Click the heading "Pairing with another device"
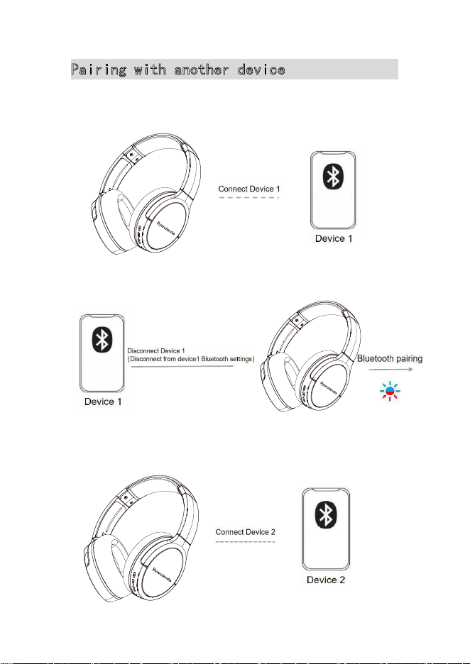(x=178, y=70)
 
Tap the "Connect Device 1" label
(x=249, y=189)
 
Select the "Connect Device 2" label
(x=246, y=532)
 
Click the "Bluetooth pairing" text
(x=390, y=359)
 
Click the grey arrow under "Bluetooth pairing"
(x=390, y=370)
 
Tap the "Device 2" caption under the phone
(x=325, y=580)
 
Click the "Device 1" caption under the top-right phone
(x=334, y=238)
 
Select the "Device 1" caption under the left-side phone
(x=103, y=402)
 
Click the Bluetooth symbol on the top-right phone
(x=333, y=176)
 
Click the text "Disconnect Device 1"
(x=156, y=351)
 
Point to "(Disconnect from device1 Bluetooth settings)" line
(x=191, y=359)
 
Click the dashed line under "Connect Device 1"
(x=248, y=197)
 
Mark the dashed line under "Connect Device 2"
(x=246, y=541)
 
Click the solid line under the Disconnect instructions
(x=182, y=366)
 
